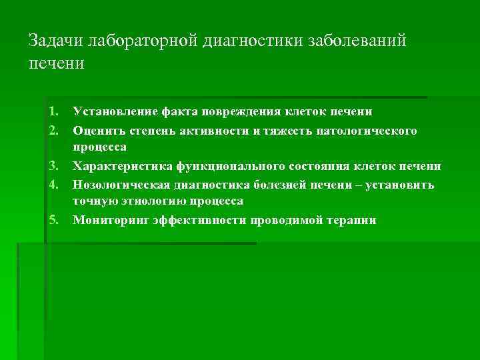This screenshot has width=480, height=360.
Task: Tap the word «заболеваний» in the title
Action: click(356, 41)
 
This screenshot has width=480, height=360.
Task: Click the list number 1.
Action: click(54, 111)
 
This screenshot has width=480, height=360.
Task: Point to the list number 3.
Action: click(54, 166)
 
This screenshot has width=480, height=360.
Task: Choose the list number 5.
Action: click(54, 220)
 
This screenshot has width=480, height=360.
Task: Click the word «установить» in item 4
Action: click(407, 185)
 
